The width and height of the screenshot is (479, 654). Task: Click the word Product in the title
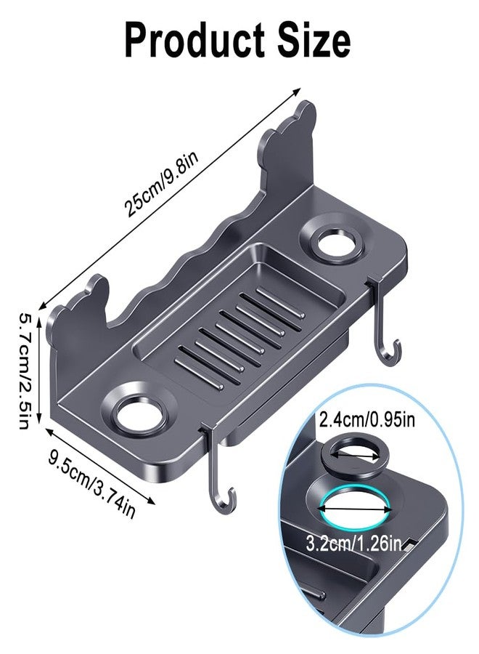[195, 41]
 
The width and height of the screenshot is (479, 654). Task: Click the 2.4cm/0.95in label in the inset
[367, 419]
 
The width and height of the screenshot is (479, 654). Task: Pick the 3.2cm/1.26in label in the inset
[354, 544]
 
